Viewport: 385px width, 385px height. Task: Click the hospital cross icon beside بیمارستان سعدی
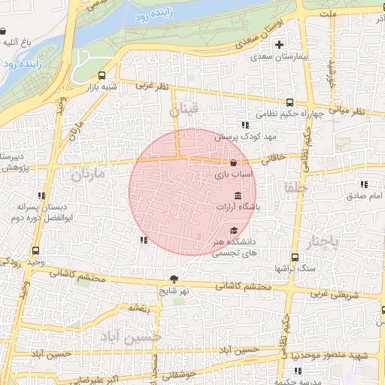(280, 44)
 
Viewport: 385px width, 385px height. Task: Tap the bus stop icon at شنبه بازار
(102, 75)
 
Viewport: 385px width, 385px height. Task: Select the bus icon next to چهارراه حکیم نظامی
(290, 103)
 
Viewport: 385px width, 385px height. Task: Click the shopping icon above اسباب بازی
(234, 162)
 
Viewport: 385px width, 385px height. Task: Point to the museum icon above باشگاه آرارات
(238, 196)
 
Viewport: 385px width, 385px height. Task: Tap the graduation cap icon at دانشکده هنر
(234, 231)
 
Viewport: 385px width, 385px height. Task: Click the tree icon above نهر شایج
(175, 278)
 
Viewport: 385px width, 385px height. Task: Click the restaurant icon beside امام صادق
(365, 184)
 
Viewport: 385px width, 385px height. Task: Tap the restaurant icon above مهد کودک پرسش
(244, 125)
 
